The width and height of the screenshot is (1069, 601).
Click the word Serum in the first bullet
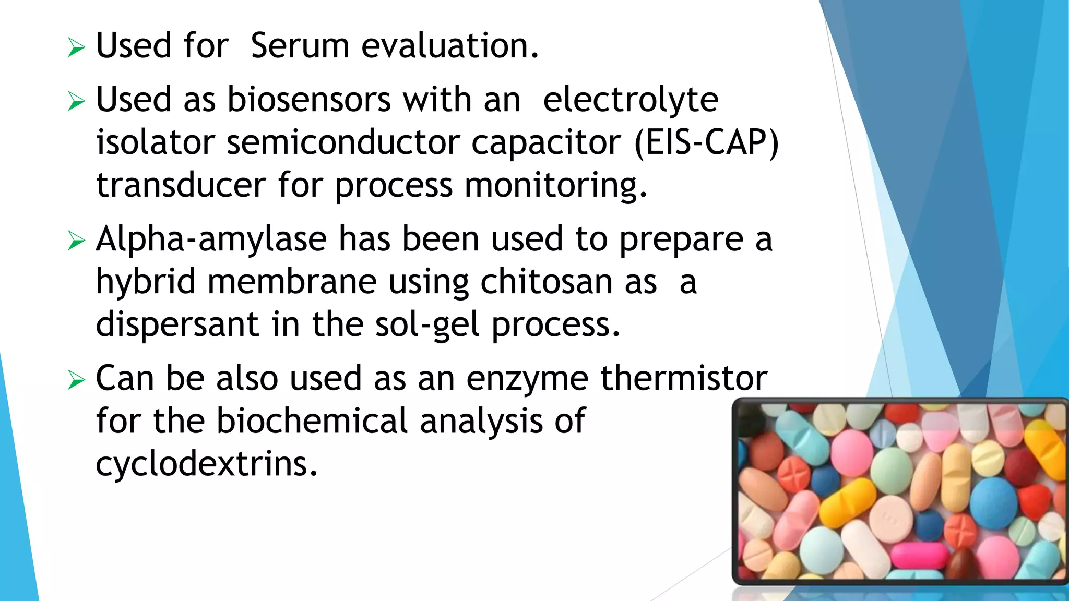pyautogui.click(x=300, y=46)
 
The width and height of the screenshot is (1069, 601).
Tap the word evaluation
pyautogui.click(x=449, y=46)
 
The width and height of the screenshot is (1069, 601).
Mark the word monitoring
pyautogui.click(x=555, y=186)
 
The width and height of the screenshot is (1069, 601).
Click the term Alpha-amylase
pyautogui.click(x=211, y=239)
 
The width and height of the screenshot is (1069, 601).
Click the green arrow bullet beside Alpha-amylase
pyautogui.click(x=76, y=241)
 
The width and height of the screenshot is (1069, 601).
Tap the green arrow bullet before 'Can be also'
pyautogui.click(x=76, y=380)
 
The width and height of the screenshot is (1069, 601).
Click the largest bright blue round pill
pyautogui.click(x=993, y=504)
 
